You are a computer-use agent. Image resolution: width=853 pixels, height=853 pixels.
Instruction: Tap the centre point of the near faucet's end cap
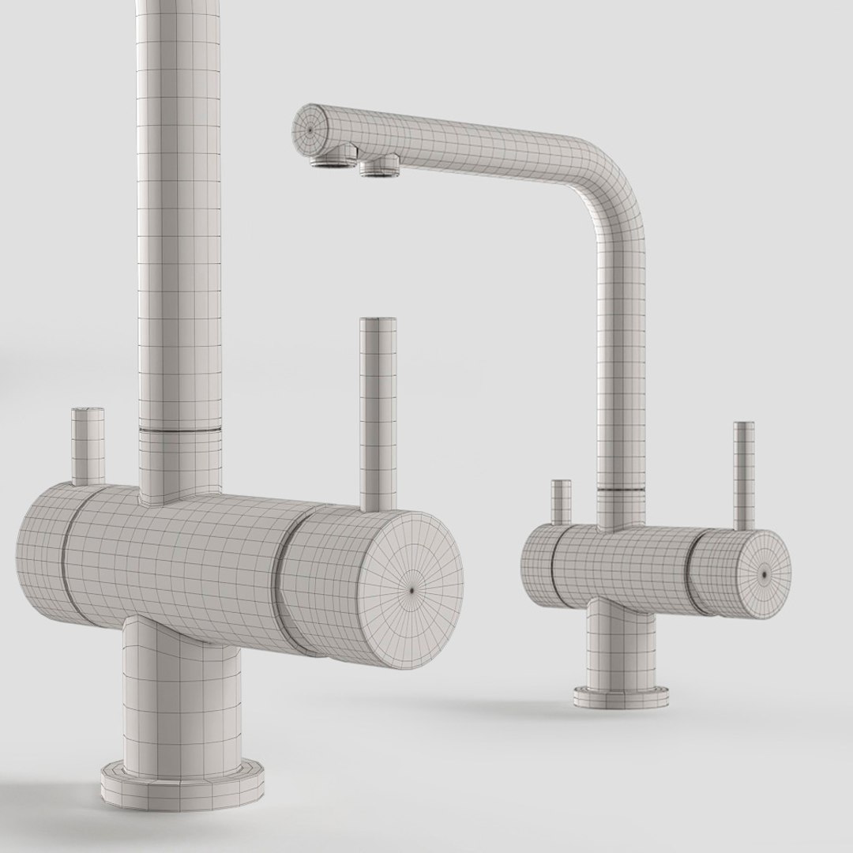coord(413,587)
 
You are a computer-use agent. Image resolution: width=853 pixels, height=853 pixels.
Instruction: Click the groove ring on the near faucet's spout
coord(180,430)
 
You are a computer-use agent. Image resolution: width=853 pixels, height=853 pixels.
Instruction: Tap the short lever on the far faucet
coord(561,502)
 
